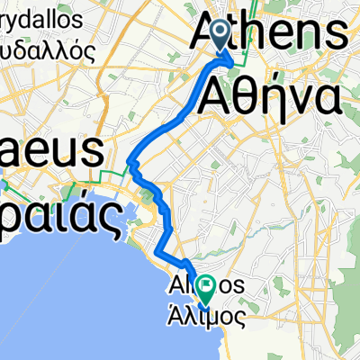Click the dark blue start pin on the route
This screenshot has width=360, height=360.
pyautogui.click(x=222, y=34)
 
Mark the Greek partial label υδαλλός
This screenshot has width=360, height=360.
pyautogui.click(x=50, y=50)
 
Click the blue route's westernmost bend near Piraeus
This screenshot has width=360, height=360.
pyautogui.click(x=130, y=163)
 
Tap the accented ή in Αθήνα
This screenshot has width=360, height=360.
pyautogui.click(x=269, y=94)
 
